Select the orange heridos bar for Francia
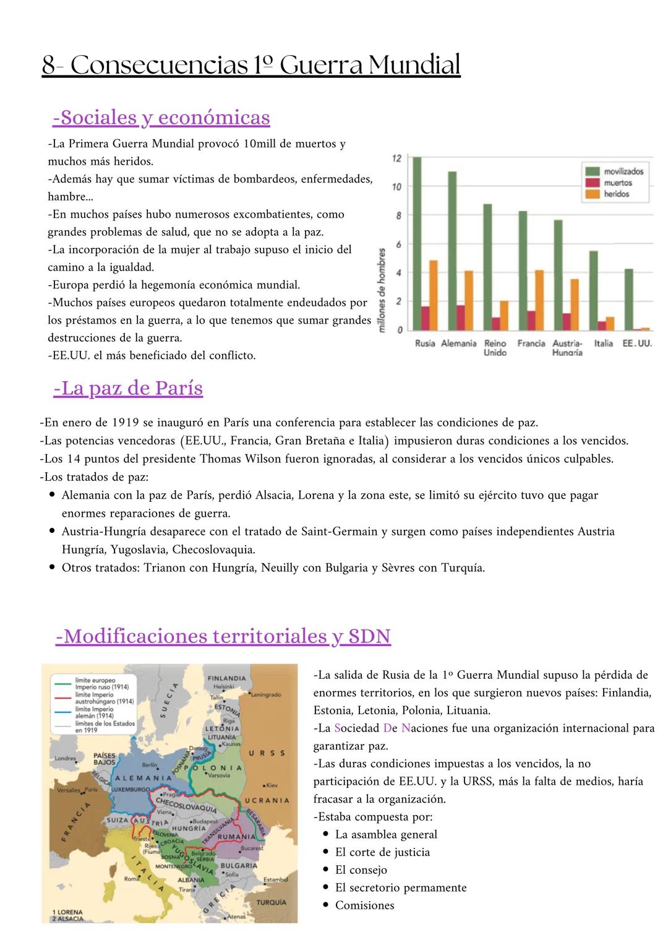pyautogui.click(x=539, y=300)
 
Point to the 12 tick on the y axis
pyautogui.click(x=397, y=158)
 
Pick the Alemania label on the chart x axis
pyautogui.click(x=458, y=343)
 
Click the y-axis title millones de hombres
pyautogui.click(x=382, y=290)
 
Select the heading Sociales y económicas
pyautogui.click(x=161, y=117)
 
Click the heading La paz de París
pyautogui.click(x=128, y=388)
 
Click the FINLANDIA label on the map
pyautogui.click(x=226, y=678)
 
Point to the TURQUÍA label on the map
pyautogui.click(x=272, y=902)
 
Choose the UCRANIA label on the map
pyautogui.click(x=267, y=800)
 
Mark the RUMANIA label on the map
pyautogui.click(x=236, y=837)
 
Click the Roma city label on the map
pyautogui.click(x=132, y=879)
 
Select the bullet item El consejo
pyautogui.click(x=361, y=870)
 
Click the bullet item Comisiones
pyautogui.click(x=364, y=905)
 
